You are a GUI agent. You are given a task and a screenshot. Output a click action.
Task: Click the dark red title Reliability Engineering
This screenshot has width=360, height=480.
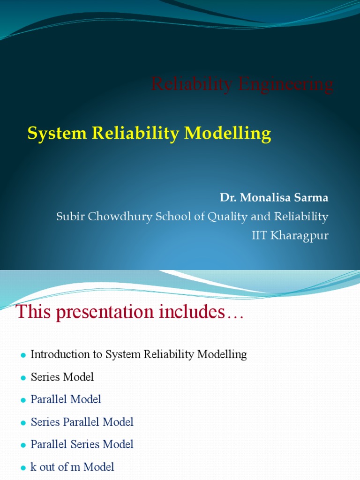coord(242,85)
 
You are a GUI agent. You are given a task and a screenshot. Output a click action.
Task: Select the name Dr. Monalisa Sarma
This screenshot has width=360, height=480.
coord(274,198)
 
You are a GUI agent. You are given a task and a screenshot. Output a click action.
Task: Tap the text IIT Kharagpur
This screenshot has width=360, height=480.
coord(290,235)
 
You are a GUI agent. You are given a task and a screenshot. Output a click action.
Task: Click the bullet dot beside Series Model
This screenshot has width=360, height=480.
coord(22,378)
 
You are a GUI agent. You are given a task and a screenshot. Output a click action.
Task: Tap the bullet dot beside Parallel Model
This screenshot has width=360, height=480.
coord(22,400)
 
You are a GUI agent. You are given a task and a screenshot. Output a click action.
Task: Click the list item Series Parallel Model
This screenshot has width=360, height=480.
coord(82,422)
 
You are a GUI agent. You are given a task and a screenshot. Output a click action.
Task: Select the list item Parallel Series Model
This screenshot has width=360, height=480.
coord(82,444)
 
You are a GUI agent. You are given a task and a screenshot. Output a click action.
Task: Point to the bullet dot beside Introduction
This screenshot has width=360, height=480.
coord(22,355)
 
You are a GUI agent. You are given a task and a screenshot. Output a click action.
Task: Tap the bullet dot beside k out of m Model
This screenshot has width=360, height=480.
coord(22,468)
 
